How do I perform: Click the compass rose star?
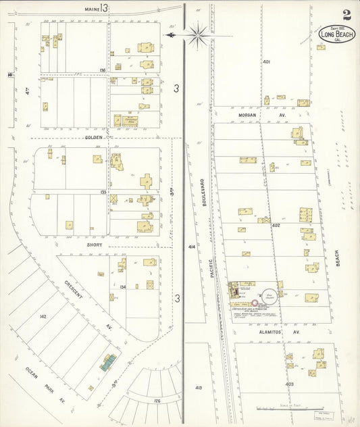pyautogui.click(x=198, y=35)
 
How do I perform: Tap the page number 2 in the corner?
pyautogui.click(x=346, y=14)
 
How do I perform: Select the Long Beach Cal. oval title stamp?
pyautogui.click(x=336, y=34)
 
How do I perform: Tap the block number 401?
pyautogui.click(x=266, y=61)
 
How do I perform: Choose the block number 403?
pyautogui.click(x=290, y=383)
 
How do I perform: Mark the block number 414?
pyautogui.click(x=192, y=247)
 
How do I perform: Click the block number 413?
pyautogui.click(x=198, y=388)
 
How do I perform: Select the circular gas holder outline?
pyautogui.click(x=270, y=293)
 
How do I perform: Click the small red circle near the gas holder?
pyautogui.click(x=255, y=303)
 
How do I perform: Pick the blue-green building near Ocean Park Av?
pyautogui.click(x=108, y=362)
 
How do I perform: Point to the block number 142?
pyautogui.click(x=43, y=316)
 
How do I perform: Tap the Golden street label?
pyautogui.click(x=93, y=137)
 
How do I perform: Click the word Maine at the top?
pyautogui.click(x=93, y=9)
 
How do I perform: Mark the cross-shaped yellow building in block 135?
pyautogui.click(x=147, y=181)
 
